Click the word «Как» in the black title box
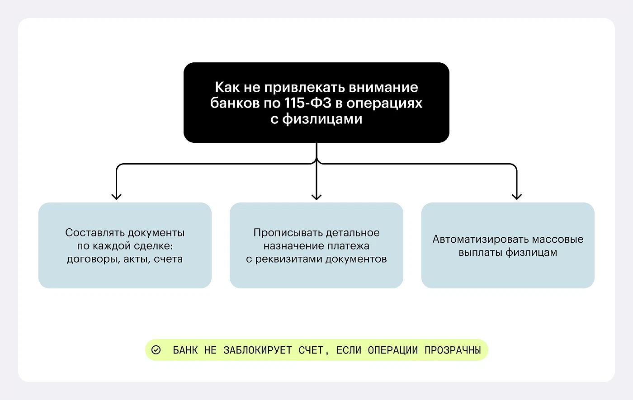tap(227, 87)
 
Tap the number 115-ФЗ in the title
tap(308, 103)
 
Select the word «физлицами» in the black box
tap(322, 119)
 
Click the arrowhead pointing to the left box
tap(117, 196)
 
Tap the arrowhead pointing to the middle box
tap(316, 196)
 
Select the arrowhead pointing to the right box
tap(517, 196)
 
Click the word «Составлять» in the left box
tap(94, 233)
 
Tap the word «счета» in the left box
tap(168, 259)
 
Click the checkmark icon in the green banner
tap(156, 350)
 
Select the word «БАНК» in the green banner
tap(185, 350)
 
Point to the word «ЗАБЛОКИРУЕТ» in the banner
tap(258, 350)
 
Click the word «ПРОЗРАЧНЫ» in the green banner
tap(453, 350)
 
